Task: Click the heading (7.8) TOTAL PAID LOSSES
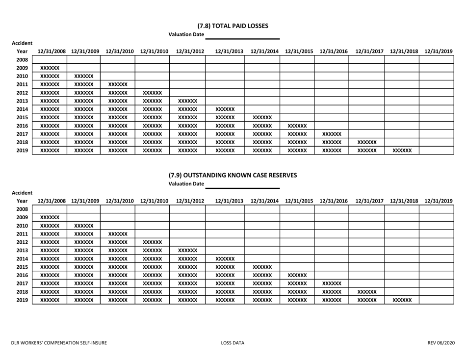point(233,26)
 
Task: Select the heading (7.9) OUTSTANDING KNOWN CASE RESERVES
point(233,174)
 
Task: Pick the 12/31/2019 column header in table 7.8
point(438,51)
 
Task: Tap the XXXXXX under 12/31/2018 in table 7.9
point(401,298)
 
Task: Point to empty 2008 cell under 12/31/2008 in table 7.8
point(49,59)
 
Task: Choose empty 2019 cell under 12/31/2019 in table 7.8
point(436,149)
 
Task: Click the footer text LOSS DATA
point(233,343)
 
